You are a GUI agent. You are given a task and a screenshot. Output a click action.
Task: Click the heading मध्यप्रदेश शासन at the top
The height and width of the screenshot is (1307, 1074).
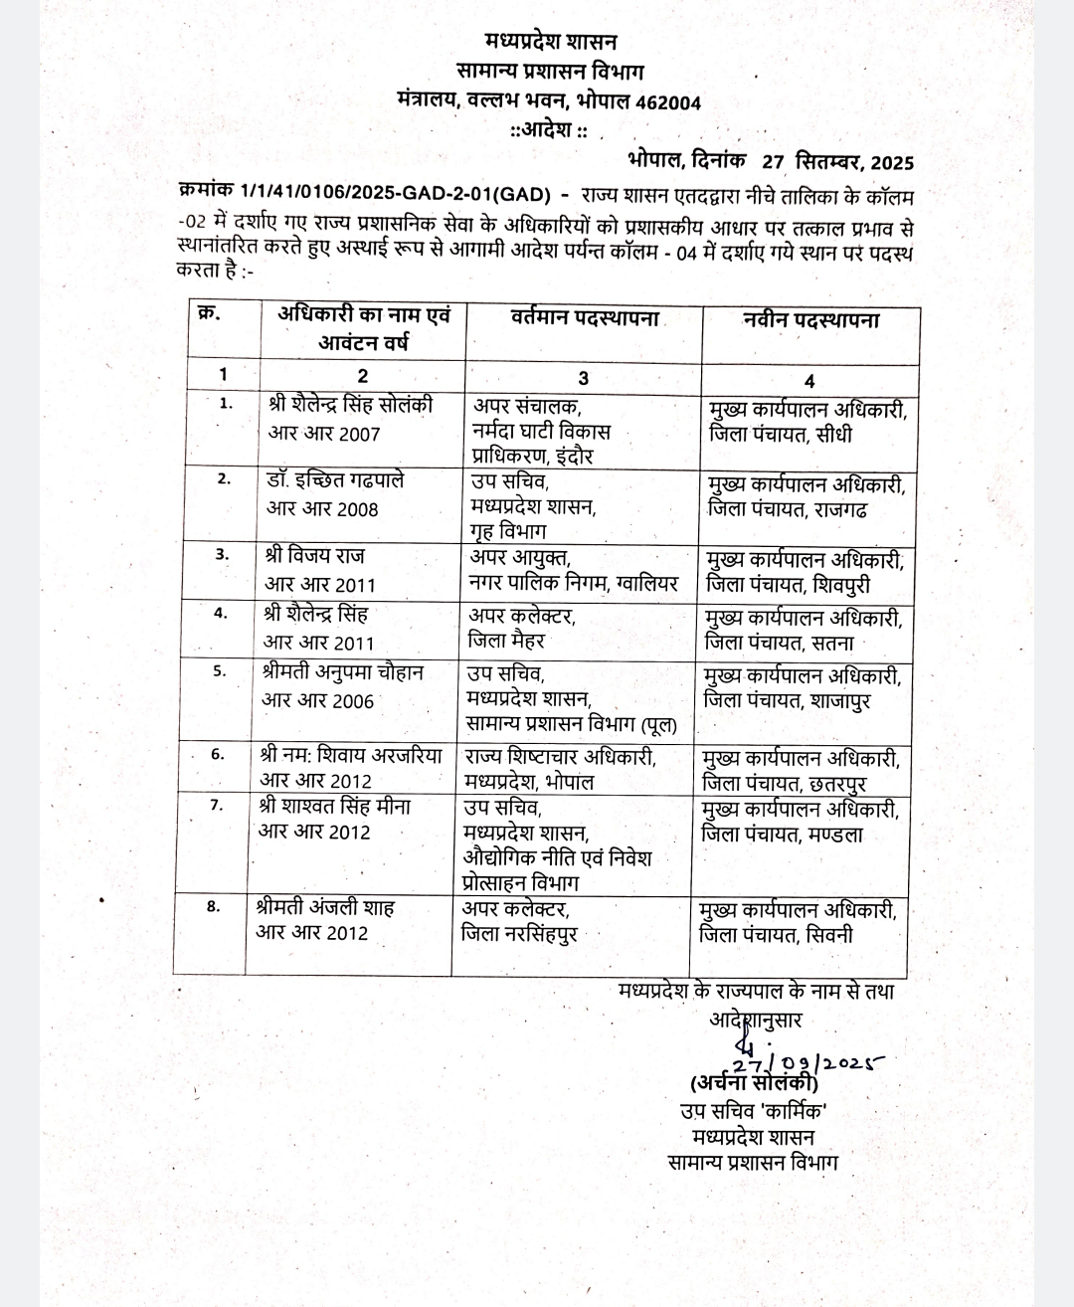(x=551, y=42)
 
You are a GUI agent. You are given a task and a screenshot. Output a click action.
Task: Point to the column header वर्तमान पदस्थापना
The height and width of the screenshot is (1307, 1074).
(x=585, y=319)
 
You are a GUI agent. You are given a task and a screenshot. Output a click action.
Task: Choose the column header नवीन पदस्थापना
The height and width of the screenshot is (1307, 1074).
(x=810, y=320)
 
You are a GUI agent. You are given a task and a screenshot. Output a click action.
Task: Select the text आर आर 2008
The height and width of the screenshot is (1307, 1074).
(x=322, y=509)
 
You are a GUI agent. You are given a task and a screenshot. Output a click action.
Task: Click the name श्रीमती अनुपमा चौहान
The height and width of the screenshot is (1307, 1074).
(x=343, y=672)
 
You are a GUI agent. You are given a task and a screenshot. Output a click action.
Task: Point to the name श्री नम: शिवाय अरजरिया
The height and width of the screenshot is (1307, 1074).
(x=351, y=756)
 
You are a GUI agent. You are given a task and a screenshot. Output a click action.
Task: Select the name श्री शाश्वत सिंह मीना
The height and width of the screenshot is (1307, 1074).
(x=334, y=806)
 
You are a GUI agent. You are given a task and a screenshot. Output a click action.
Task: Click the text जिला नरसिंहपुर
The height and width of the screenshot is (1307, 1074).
(x=518, y=934)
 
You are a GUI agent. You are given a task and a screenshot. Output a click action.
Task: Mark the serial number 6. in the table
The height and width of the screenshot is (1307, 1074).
(x=218, y=754)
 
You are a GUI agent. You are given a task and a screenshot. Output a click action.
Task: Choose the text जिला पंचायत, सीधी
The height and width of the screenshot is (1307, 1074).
(x=780, y=435)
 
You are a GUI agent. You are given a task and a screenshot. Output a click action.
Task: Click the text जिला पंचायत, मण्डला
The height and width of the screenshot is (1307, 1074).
(x=782, y=835)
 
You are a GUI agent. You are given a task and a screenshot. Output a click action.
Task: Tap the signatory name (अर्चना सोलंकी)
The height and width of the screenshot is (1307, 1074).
(x=754, y=1083)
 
